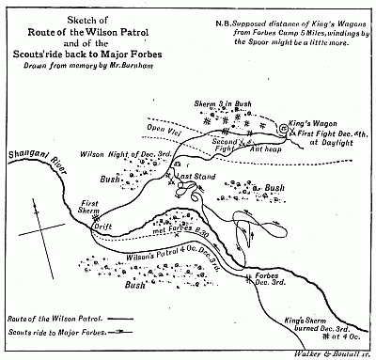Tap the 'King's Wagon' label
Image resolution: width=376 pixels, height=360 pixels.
pos(320,119)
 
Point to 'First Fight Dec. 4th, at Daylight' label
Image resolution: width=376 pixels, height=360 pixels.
pos(328,138)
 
